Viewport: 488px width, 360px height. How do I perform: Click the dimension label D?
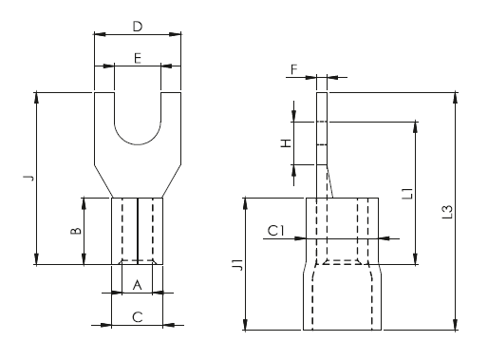tap(138, 21)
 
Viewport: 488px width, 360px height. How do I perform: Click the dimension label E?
tap(138, 58)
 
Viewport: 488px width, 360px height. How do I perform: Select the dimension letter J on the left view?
tap(28, 178)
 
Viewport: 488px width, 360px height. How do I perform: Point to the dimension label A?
tap(137, 284)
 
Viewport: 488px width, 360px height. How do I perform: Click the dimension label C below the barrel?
tap(137, 317)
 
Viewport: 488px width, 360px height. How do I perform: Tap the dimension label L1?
tap(405, 194)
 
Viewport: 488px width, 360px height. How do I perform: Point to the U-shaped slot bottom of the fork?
tap(138, 141)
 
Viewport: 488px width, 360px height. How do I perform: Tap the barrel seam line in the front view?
tap(138, 228)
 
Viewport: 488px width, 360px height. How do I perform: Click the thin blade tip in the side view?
tap(320, 104)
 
